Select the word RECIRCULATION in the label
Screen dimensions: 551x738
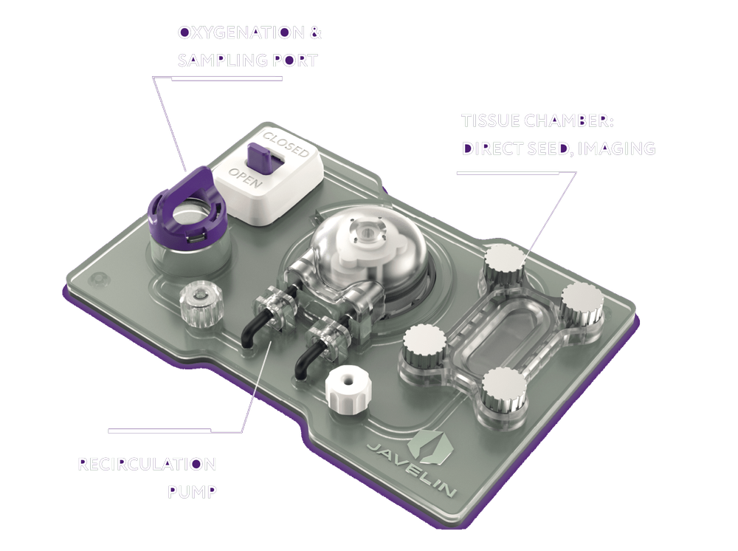(147, 465)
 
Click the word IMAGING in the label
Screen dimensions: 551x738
(618, 148)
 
